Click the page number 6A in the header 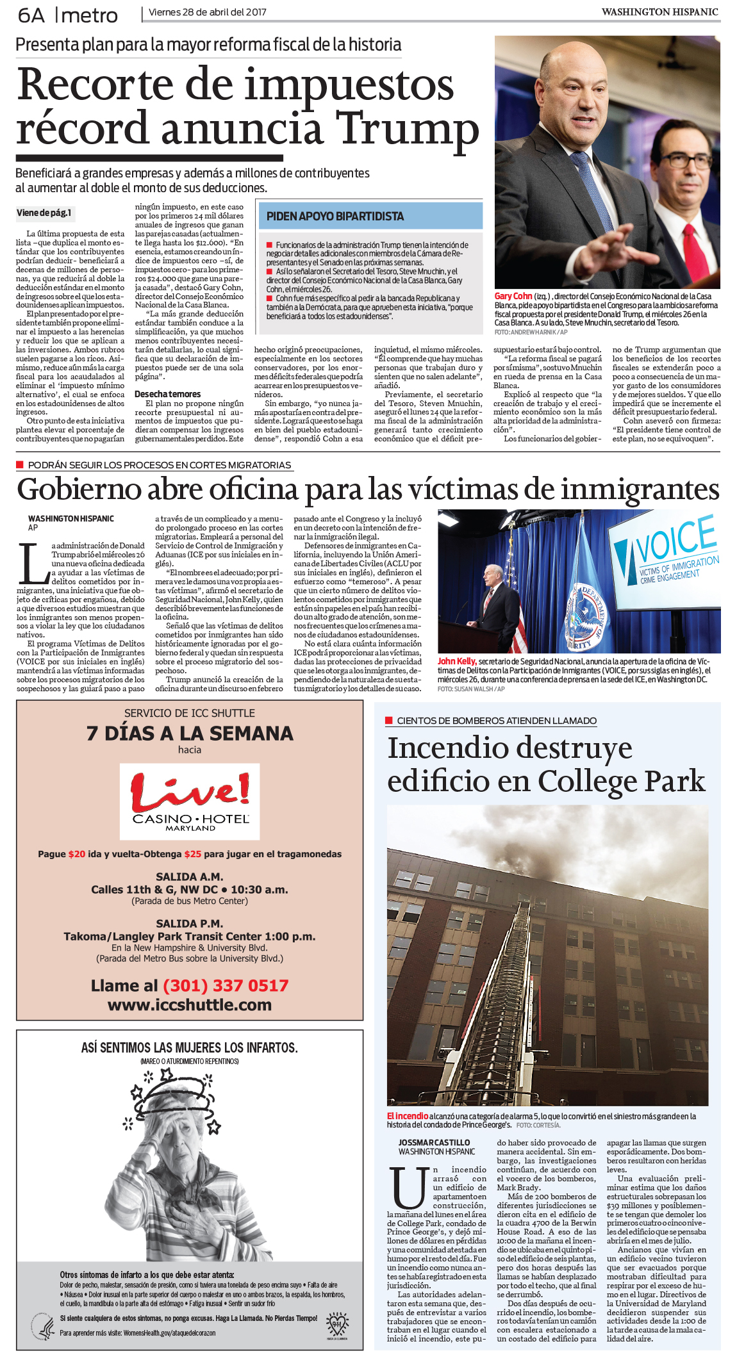click(31, 15)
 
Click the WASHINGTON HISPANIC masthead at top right click(659, 12)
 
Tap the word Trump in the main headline click(408, 128)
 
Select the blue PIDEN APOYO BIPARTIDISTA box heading click(335, 217)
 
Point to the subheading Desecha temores click(167, 394)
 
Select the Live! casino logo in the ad click(190, 801)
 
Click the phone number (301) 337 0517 click(226, 985)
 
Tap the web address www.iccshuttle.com click(190, 1004)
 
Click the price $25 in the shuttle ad click(193, 854)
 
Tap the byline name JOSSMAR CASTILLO click(434, 1142)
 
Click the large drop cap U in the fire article click(408, 1186)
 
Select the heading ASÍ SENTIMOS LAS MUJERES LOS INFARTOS click(189, 1047)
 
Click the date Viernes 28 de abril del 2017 click(208, 12)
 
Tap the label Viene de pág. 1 click(44, 213)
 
